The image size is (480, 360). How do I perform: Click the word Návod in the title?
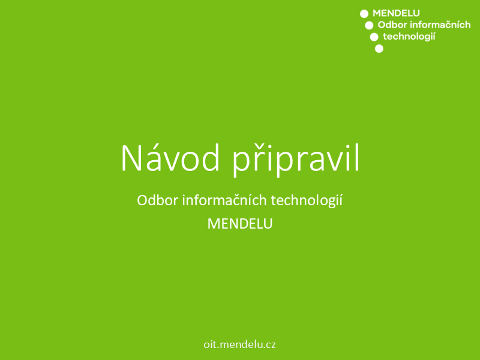tap(170, 158)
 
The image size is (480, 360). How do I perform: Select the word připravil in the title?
tap(296, 160)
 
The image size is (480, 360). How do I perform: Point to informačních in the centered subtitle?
tap(224, 200)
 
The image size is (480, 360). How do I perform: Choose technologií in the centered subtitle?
tap(307, 201)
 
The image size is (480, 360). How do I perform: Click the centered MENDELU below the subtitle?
tap(240, 224)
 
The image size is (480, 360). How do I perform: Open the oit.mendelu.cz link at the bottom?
tap(239, 344)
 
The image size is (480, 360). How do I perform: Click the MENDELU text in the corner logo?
tap(396, 13)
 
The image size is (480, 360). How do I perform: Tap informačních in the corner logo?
tap(440, 25)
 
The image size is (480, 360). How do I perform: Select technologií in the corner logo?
tap(409, 37)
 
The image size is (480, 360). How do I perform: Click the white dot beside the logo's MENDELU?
tap(364, 14)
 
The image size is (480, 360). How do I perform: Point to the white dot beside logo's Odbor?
tap(369, 25)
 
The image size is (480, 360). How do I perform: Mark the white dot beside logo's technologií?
tap(374, 37)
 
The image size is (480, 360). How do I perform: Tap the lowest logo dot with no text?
tap(379, 49)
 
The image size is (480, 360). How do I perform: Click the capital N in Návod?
tap(131, 158)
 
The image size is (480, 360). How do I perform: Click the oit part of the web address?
tap(210, 344)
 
